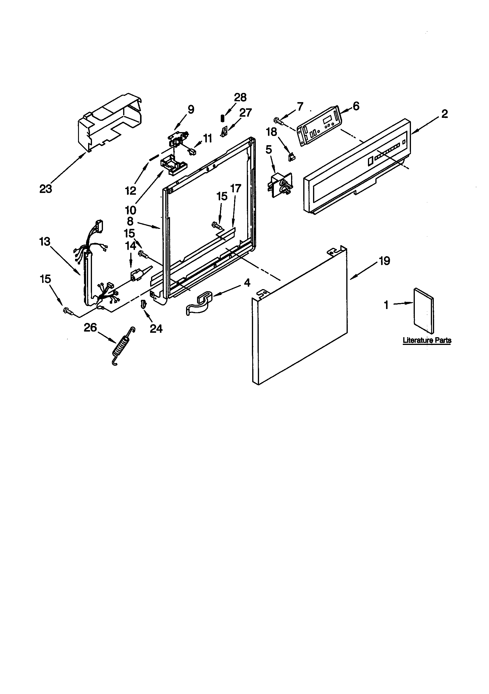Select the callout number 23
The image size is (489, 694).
point(46,189)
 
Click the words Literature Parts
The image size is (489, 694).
point(427,340)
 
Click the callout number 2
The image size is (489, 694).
point(444,114)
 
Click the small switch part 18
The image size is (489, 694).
point(292,156)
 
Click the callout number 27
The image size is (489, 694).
point(245,113)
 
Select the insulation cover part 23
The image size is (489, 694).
point(110,124)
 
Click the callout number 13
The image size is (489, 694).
point(45,242)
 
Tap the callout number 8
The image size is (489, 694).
point(130,221)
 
